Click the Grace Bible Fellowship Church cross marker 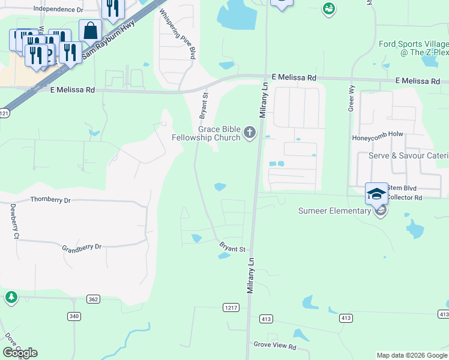pyautogui.click(x=250, y=134)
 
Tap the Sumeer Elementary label pyautogui.click(x=335, y=211)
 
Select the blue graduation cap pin pyautogui.click(x=376, y=194)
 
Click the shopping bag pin pyautogui.click(x=90, y=31)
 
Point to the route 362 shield pyautogui.click(x=92, y=299)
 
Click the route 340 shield pyautogui.click(x=74, y=316)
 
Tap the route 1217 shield pyautogui.click(x=231, y=307)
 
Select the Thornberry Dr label pyautogui.click(x=50, y=200)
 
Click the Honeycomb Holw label pyautogui.click(x=378, y=137)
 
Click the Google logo pyautogui.click(x=20, y=353)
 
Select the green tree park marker pyautogui.click(x=11, y=297)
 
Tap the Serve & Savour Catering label pyautogui.click(x=408, y=156)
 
